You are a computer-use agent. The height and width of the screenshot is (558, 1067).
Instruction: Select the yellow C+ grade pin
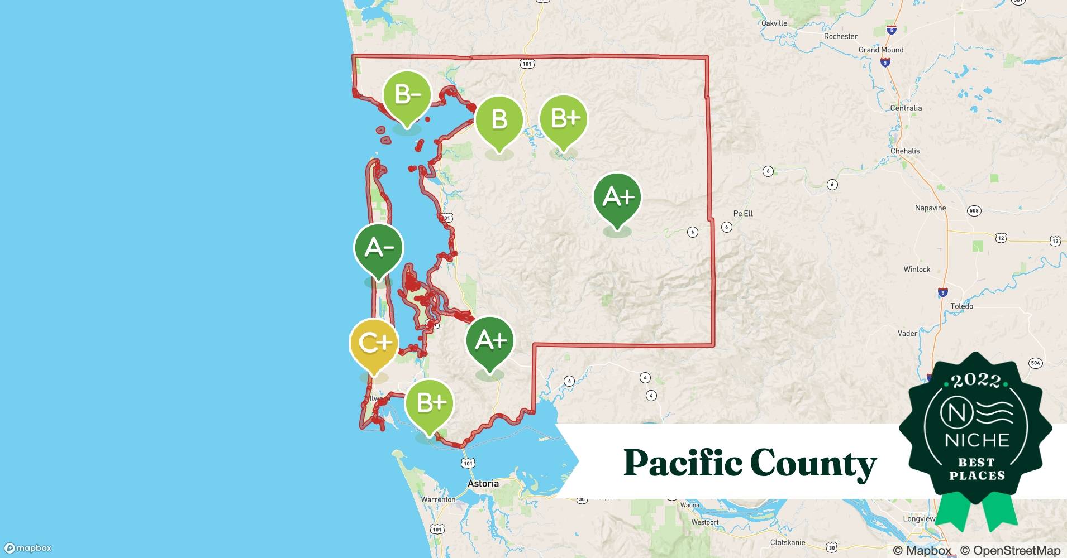coord(374,343)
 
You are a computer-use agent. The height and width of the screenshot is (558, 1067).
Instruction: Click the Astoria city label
coord(483,484)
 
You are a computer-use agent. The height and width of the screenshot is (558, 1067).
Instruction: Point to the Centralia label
coord(906,108)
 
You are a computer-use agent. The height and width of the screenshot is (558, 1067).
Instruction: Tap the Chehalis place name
coord(904,151)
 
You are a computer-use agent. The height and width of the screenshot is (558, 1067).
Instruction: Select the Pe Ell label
coord(743,214)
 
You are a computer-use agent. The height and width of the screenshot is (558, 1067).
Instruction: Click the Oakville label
coord(774,23)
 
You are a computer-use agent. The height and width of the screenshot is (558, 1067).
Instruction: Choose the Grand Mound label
coord(880,50)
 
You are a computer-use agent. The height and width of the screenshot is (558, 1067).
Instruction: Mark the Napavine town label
coord(930,208)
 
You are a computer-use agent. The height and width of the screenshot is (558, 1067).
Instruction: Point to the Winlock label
coord(917,270)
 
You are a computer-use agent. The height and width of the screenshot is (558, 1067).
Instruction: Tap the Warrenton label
coord(438,500)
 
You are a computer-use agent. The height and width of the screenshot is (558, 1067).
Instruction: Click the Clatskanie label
coord(788,543)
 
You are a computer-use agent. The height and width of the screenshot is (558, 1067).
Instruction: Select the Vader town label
coord(907,334)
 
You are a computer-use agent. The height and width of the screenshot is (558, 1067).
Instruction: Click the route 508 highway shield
coord(974,211)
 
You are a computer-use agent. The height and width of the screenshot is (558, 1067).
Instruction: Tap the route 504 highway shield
coord(1035,363)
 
